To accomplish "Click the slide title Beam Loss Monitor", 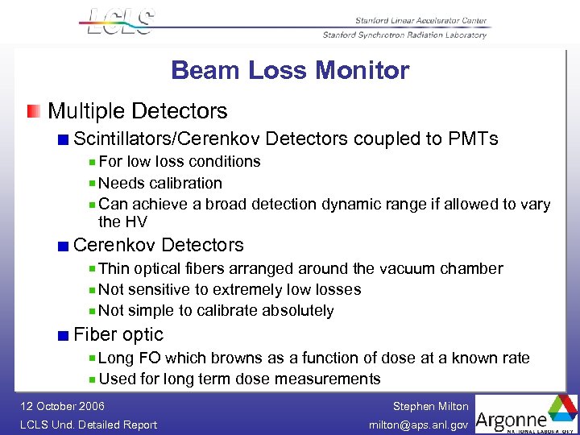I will [290, 71].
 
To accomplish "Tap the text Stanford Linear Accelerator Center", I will [420, 21].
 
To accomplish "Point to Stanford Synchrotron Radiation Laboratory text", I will [404, 35].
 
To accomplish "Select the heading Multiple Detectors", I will [138, 111].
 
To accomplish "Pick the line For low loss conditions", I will [179, 162].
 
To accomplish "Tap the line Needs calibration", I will [159, 184].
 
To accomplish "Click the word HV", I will [135, 222].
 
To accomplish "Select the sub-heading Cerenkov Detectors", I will [158, 245].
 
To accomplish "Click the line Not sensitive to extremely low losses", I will [230, 290].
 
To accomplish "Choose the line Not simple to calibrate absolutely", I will [216, 311].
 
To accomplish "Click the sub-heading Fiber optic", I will [118, 335].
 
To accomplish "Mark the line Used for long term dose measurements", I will [239, 379].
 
